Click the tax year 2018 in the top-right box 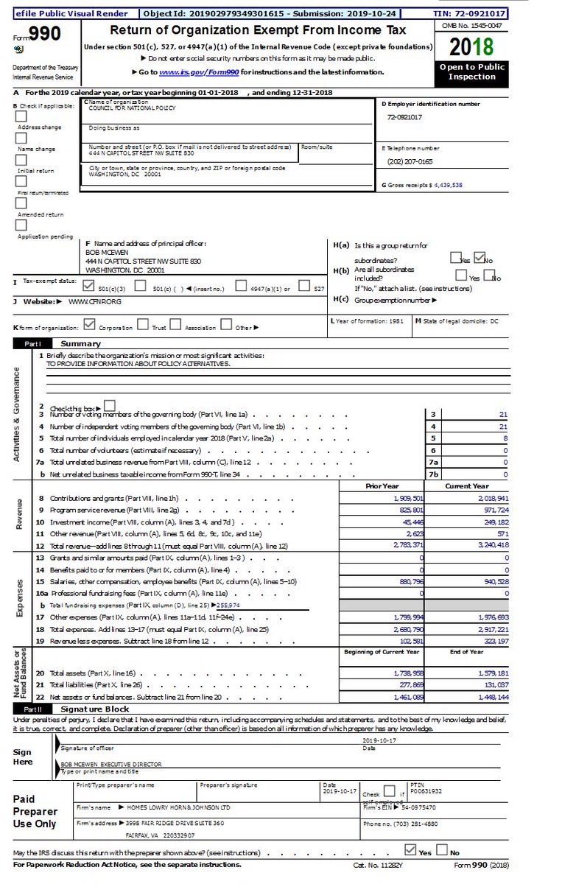point(472,47)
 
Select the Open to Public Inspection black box point(472,71)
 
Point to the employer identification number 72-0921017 point(404,117)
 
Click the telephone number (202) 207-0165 point(410,161)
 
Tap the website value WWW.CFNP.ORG point(95,301)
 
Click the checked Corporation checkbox point(90,324)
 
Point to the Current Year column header point(466,486)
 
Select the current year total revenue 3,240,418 point(487,545)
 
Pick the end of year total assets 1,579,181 point(487,673)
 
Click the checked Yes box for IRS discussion point(411,849)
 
